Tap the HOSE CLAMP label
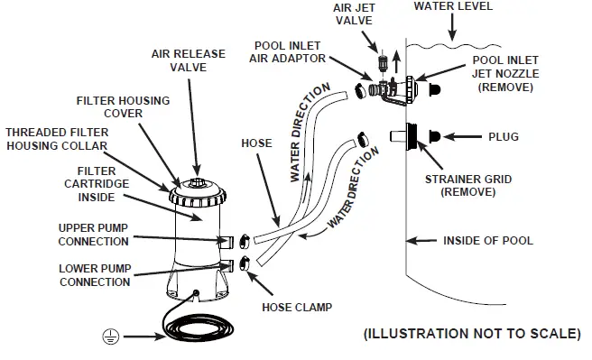tap(295, 307)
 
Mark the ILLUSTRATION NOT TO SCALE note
tap(471, 334)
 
